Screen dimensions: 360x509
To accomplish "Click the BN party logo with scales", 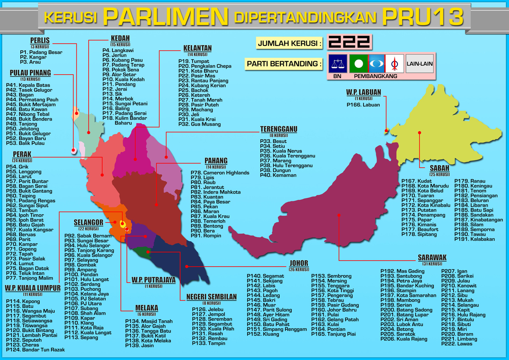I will [338, 64].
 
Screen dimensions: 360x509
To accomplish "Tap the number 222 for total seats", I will [349, 42].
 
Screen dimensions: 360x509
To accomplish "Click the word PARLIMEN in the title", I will [166, 17].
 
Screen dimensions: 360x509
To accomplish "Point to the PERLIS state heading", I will [40, 41].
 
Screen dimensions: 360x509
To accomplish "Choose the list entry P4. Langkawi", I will [117, 50].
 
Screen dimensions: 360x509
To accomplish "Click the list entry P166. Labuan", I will [363, 104].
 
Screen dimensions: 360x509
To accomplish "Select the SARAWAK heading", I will [432, 258].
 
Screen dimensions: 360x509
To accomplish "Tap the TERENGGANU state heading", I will [279, 129].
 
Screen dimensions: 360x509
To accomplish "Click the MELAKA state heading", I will [147, 308].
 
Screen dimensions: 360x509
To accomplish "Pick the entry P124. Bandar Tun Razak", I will [35, 349].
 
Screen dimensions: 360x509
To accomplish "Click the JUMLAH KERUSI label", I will [289, 43].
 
